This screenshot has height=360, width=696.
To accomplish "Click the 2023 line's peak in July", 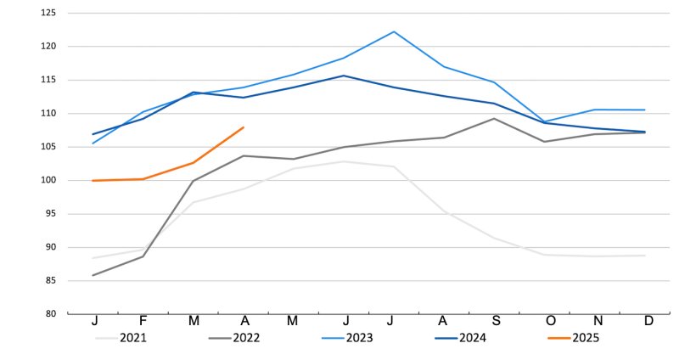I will pyautogui.click(x=394, y=31).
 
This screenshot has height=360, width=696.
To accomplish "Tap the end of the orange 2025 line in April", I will pyautogui.click(x=244, y=127).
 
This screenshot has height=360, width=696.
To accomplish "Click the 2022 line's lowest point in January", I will pyautogui.click(x=93, y=275).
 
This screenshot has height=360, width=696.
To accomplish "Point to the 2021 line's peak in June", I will pyautogui.click(x=343, y=161).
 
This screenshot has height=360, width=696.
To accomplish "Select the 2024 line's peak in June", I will pyautogui.click(x=343, y=76).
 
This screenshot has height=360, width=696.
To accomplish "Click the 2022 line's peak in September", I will pyautogui.click(x=495, y=118).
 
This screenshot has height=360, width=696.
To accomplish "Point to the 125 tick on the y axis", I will pyautogui.click(x=48, y=14).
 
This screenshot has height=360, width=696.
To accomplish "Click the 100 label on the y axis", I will pyautogui.click(x=48, y=181).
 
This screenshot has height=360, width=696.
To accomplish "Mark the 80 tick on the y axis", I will pyautogui.click(x=50, y=314).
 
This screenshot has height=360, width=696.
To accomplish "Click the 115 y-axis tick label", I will pyautogui.click(x=48, y=81).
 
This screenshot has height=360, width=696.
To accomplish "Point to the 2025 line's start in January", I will pyautogui.click(x=93, y=181).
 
